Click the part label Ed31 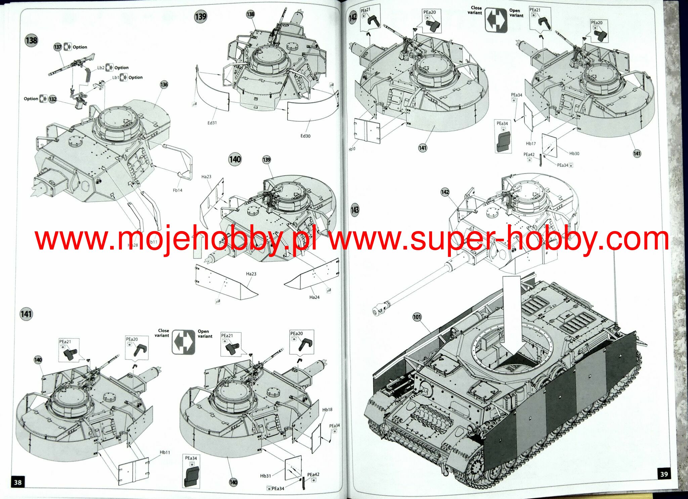[x=212, y=123]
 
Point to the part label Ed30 [x=305, y=136]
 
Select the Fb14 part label [x=177, y=190]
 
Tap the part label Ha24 [x=314, y=297]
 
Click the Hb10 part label [x=352, y=149]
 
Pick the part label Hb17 [x=531, y=143]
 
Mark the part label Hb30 [x=574, y=153]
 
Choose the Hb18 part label [x=327, y=410]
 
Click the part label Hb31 [x=265, y=476]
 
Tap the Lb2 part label [x=101, y=68]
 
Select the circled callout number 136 [x=164, y=85]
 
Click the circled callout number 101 [x=417, y=317]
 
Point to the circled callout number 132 [x=52, y=99]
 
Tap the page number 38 [x=17, y=483]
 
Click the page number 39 [x=664, y=474]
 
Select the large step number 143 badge [x=355, y=210]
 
